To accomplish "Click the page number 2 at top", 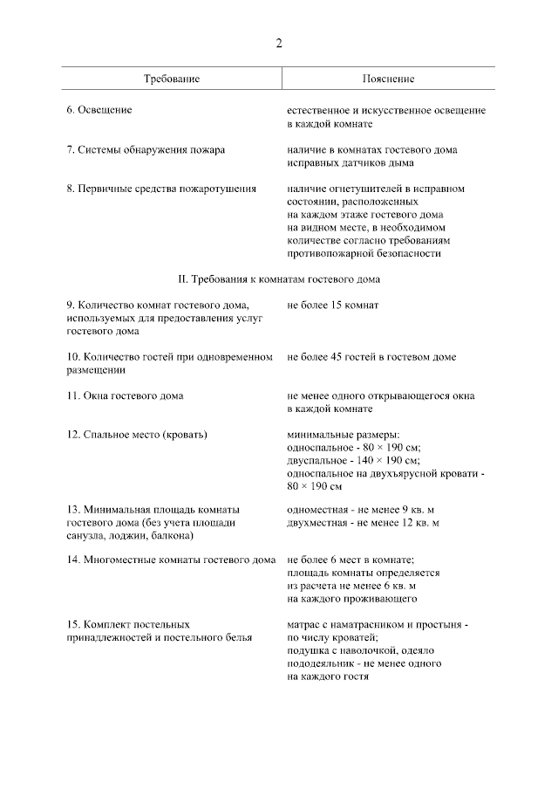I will pyautogui.click(x=279, y=43).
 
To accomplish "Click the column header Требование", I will pyautogui.click(x=172, y=79).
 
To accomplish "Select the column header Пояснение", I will pyautogui.click(x=388, y=79).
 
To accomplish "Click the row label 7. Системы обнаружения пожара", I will pyautogui.click(x=146, y=149).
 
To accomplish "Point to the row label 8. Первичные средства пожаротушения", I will pyautogui.click(x=161, y=188).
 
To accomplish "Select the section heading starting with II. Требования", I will pyautogui.click(x=278, y=279).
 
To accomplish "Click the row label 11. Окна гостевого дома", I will pyautogui.click(x=125, y=395).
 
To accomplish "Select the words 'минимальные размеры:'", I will pyautogui.click(x=343, y=434).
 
